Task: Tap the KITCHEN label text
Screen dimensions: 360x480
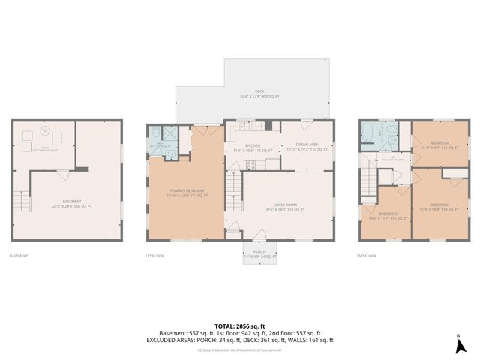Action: (253, 148)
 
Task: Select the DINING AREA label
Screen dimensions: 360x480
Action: (301, 148)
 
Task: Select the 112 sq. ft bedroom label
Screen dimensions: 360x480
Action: (439, 145)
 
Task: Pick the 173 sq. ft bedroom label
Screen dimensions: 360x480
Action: (439, 207)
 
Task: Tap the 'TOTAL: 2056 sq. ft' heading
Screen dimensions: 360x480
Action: (240, 325)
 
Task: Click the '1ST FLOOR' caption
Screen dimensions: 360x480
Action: (154, 256)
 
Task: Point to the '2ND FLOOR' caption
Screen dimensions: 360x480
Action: (367, 256)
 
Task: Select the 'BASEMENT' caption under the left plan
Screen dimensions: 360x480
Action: (19, 256)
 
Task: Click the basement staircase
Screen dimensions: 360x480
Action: (20, 200)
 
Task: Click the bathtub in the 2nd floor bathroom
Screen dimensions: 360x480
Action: (370, 134)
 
